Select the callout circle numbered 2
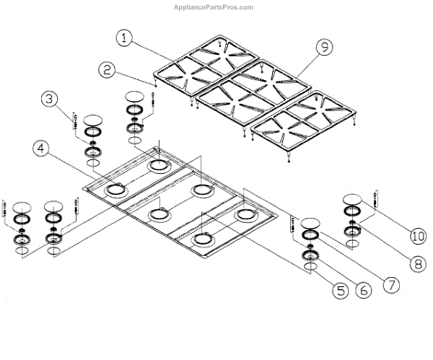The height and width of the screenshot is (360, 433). [x=108, y=70]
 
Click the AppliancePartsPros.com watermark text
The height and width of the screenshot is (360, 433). [x=214, y=7]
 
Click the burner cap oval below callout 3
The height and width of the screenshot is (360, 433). [x=93, y=120]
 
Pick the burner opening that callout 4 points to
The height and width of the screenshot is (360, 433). [x=115, y=190]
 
